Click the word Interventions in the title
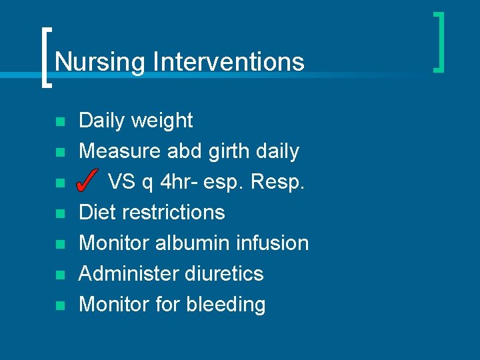tap(228, 62)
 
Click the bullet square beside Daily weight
tap(59, 122)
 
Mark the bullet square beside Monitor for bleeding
tap(59, 306)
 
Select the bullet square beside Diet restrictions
tap(59, 214)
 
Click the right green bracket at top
tap(439, 41)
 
